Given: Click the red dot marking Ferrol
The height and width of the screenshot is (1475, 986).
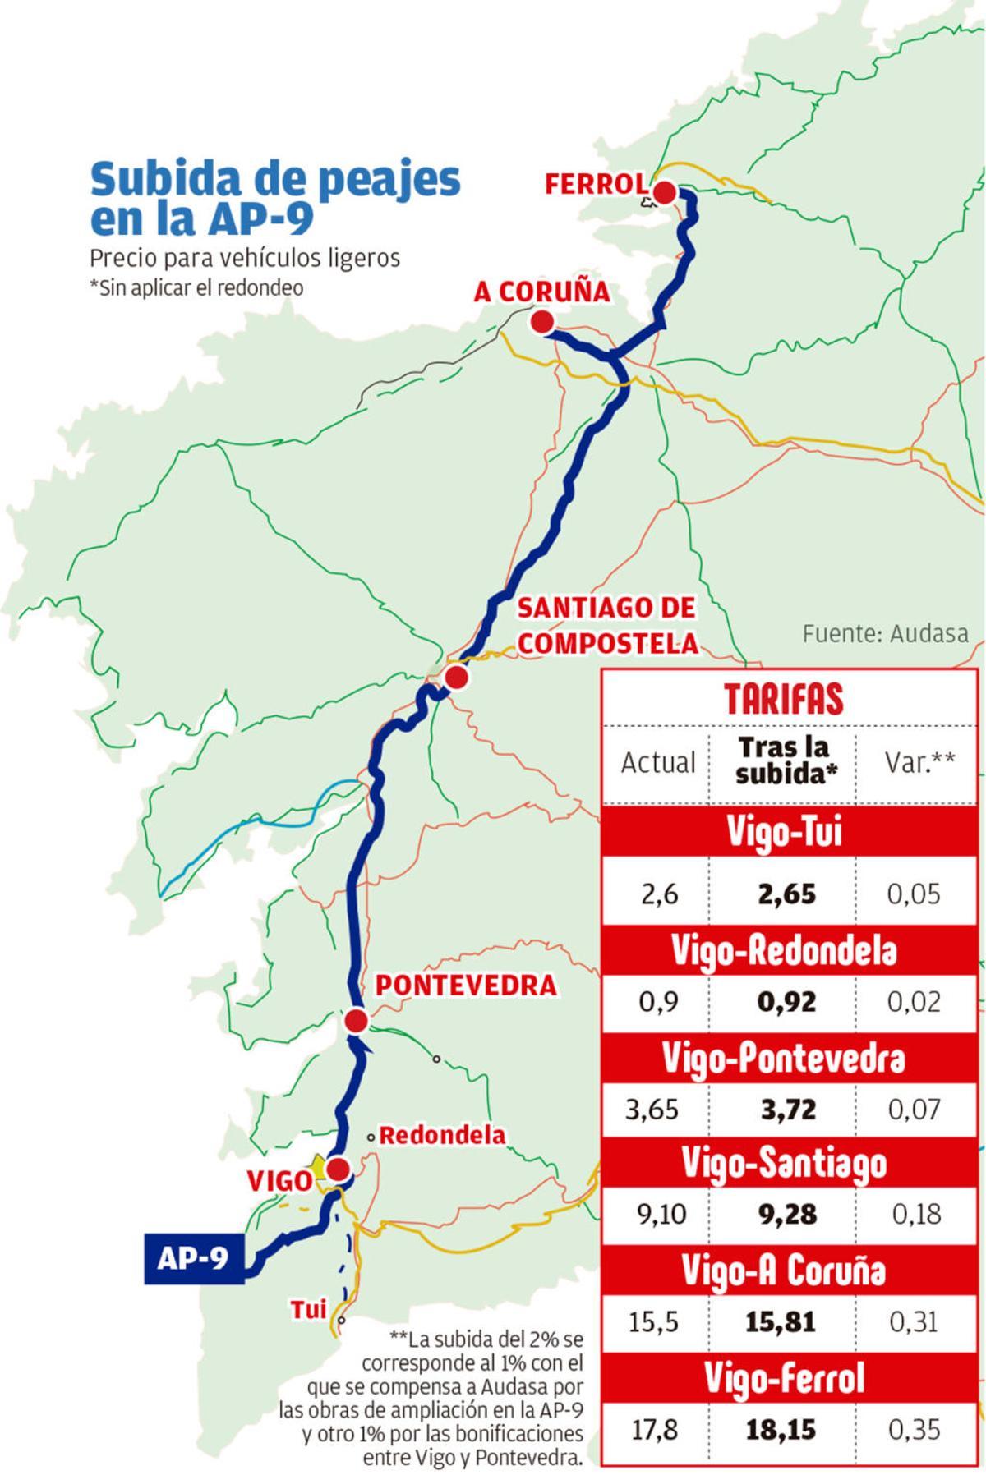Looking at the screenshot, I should pos(664,194).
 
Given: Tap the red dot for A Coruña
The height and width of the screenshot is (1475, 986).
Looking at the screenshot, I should pos(541,322).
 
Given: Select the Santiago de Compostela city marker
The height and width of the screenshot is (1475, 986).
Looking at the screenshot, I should pos(455,678).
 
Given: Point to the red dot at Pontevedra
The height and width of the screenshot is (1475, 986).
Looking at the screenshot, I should pos(356,1021).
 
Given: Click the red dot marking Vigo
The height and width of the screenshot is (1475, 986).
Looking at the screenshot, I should pos(337,1168).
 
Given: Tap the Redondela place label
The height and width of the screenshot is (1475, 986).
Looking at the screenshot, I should pos(442,1136).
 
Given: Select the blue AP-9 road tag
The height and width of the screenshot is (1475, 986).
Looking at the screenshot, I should pos(194,1258).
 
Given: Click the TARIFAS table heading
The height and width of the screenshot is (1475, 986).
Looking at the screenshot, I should pos(783,698).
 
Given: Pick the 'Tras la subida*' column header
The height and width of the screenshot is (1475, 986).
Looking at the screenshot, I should pos(782,761).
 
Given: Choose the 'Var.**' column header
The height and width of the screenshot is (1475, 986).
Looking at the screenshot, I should pos(919,762).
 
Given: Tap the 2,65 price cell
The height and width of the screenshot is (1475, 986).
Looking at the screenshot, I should pos(786,894).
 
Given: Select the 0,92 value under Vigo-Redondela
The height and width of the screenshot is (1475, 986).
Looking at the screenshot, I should pos(787,1002).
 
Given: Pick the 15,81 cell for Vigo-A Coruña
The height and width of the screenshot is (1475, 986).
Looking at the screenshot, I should pos(781,1322).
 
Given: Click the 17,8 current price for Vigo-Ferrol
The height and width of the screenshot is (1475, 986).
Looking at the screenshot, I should pos(654,1430).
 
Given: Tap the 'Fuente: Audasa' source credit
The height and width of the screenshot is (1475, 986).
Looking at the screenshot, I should pos(884,633).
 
